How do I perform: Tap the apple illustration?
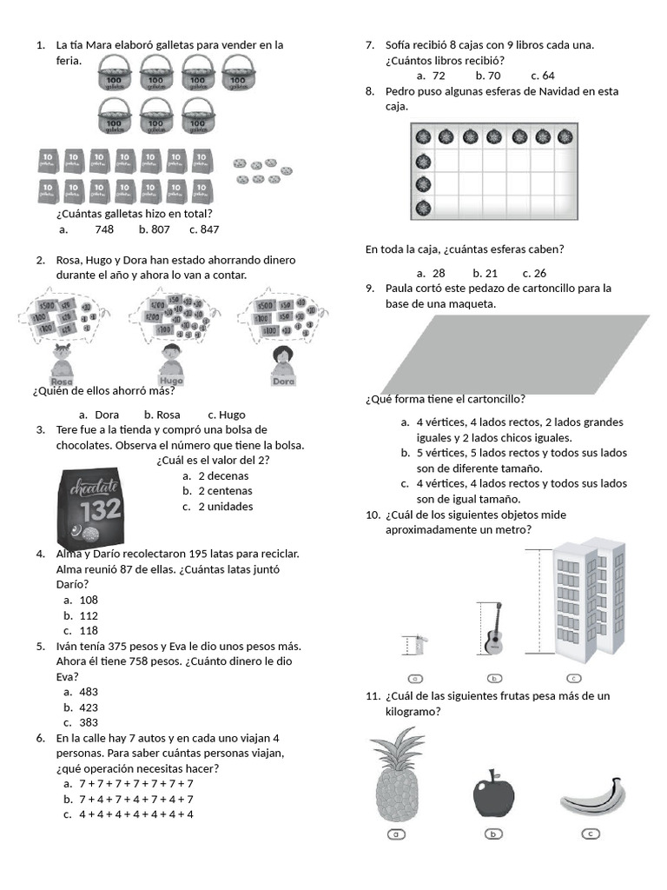pyautogui.click(x=493, y=794)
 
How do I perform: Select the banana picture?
pyautogui.click(x=593, y=795)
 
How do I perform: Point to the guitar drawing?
pyautogui.click(x=493, y=629)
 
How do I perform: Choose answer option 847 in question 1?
pyautogui.click(x=208, y=229)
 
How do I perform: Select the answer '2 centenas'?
pyautogui.click(x=223, y=491)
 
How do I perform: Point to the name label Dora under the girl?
pyautogui.click(x=283, y=381)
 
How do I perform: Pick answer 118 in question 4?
pyautogui.click(x=89, y=631)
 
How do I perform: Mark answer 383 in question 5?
pyautogui.click(x=89, y=722)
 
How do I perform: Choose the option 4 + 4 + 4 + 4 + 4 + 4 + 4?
pyautogui.click(x=135, y=814)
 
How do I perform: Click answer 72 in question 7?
pyautogui.click(x=439, y=76)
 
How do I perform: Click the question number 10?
pyautogui.click(x=373, y=515)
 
